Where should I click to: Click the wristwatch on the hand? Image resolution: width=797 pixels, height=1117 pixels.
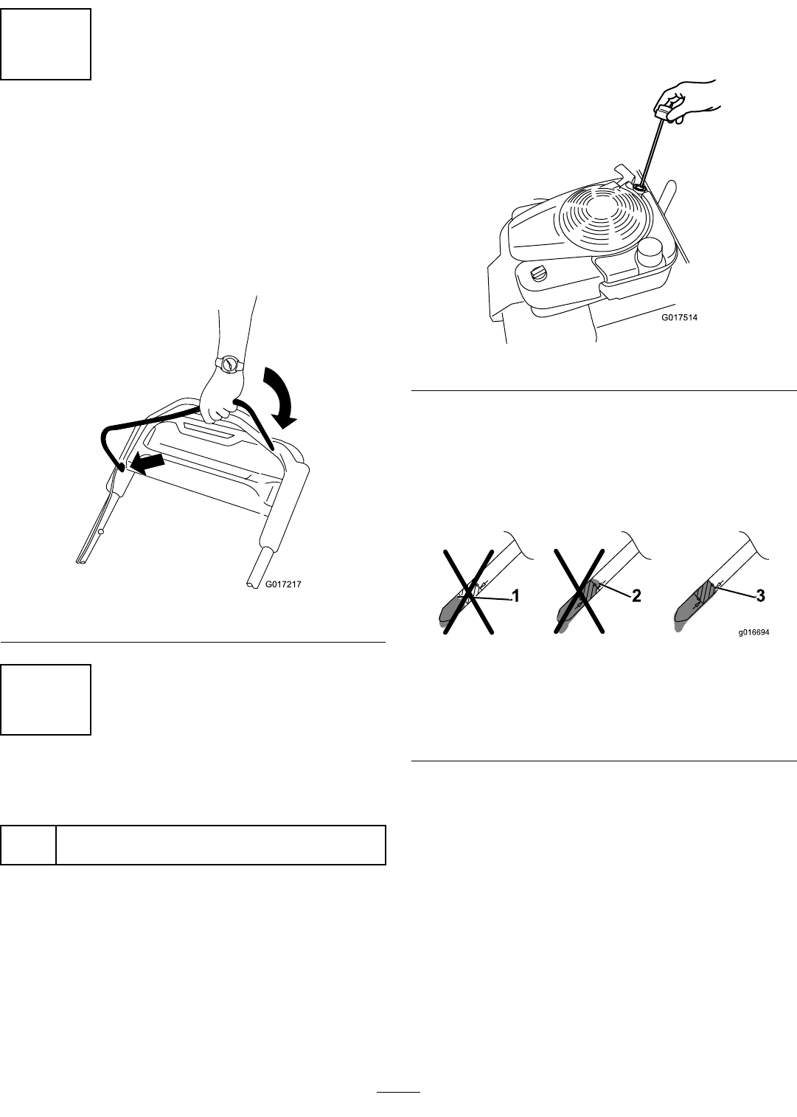229,363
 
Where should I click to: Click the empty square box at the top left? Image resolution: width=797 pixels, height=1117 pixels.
46,44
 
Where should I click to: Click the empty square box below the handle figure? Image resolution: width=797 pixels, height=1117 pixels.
46,699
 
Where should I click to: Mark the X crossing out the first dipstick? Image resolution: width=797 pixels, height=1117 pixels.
467,589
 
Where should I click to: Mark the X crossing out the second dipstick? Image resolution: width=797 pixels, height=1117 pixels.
580,589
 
